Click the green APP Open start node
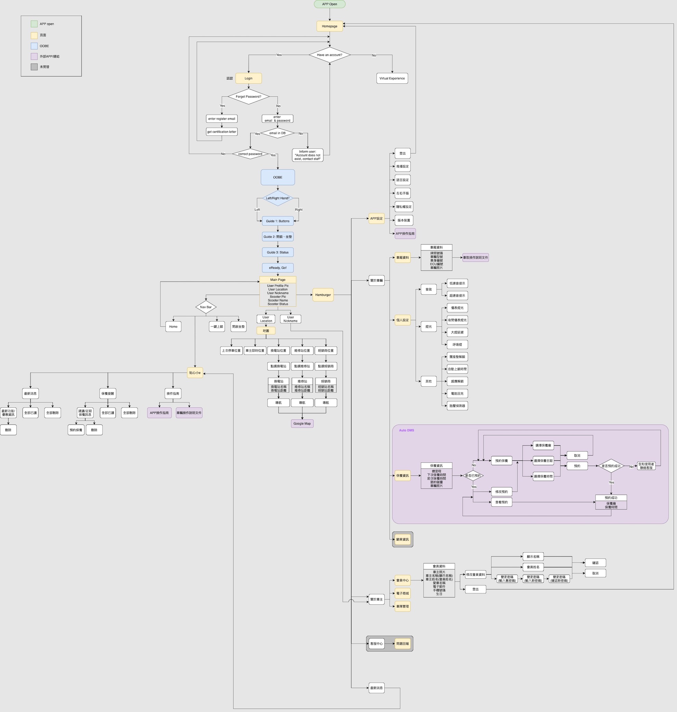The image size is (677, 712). (330, 4)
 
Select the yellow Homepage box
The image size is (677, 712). (330, 26)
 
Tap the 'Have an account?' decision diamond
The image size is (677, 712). (330, 55)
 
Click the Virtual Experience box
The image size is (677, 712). (392, 78)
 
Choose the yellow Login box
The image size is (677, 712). (248, 78)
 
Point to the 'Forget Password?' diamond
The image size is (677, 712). (248, 97)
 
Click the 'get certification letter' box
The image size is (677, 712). (222, 132)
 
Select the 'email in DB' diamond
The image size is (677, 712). (277, 133)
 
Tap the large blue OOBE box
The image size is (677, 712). (278, 177)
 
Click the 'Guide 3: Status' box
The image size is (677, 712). (278, 253)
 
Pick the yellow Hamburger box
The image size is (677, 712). (323, 295)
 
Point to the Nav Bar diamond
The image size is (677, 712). (206, 307)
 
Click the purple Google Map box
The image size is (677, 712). (302, 424)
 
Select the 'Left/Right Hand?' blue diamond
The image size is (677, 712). (278, 198)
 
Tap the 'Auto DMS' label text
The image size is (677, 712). (406, 430)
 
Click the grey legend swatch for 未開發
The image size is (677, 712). (34, 67)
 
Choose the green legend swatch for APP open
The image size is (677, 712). (34, 24)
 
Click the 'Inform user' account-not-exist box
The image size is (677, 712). (307, 155)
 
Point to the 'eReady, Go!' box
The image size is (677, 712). (278, 268)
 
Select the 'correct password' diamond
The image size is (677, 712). (250, 154)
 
